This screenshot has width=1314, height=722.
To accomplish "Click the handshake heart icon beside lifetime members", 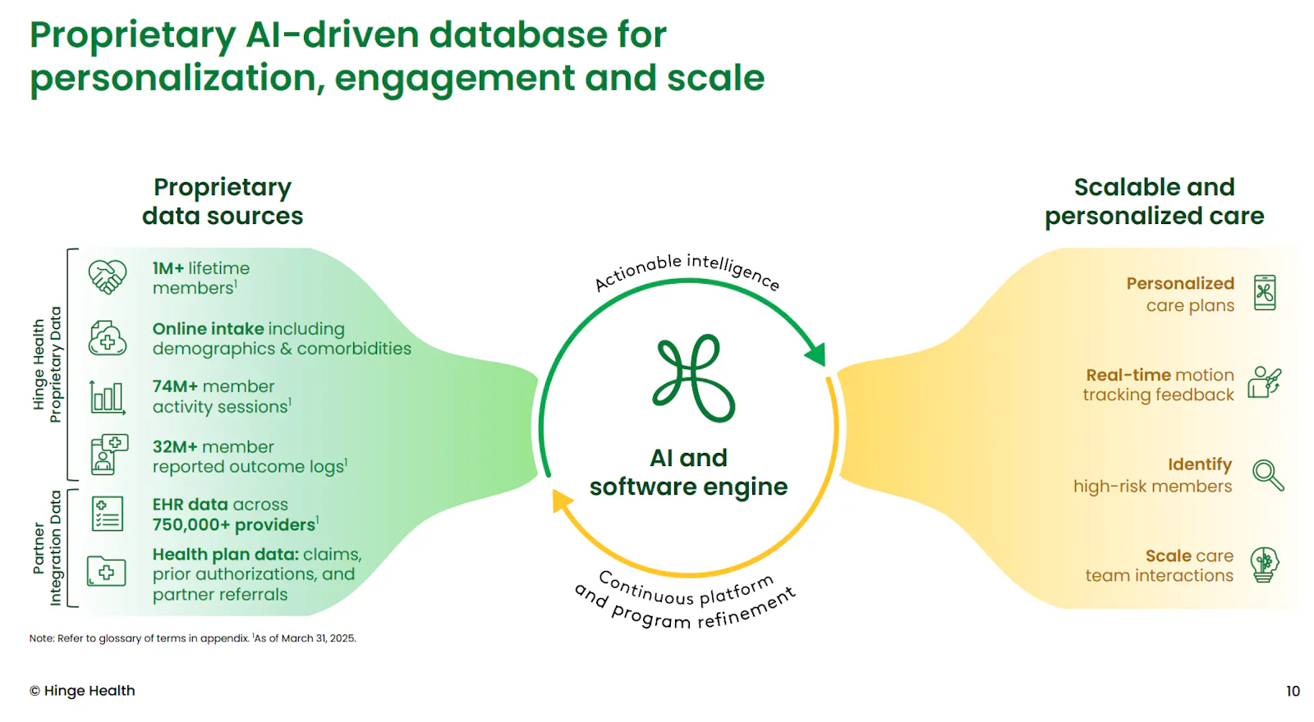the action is pos(108,276).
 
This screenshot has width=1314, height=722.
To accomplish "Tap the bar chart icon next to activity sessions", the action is pos(108,398).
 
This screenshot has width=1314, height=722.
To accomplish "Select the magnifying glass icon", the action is pos(1268,475).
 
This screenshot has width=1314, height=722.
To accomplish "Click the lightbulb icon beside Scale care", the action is pos(1265,565).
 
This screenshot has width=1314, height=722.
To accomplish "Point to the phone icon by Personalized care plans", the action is pos(1265,292).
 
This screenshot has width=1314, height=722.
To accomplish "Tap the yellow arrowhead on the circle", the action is pos(563,501).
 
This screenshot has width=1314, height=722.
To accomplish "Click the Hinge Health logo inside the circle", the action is pos(693,378).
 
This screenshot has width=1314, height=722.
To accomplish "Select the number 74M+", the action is pos(175,386).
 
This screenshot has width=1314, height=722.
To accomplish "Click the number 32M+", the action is pos(175,447).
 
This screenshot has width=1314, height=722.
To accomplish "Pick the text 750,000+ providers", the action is pos(234,524).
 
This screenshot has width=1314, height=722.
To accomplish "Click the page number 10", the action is pos(1293,692).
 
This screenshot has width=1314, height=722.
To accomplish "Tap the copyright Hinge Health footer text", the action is pos(82,691).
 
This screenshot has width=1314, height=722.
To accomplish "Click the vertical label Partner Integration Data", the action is pos(47,548).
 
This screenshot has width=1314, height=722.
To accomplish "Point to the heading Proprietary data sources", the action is pos(223,202).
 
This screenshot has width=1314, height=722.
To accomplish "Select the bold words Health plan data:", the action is pos(226,555).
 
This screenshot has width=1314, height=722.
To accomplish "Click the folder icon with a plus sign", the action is pos(106,571).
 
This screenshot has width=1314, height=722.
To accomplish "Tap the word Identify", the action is pos(1200,464).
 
